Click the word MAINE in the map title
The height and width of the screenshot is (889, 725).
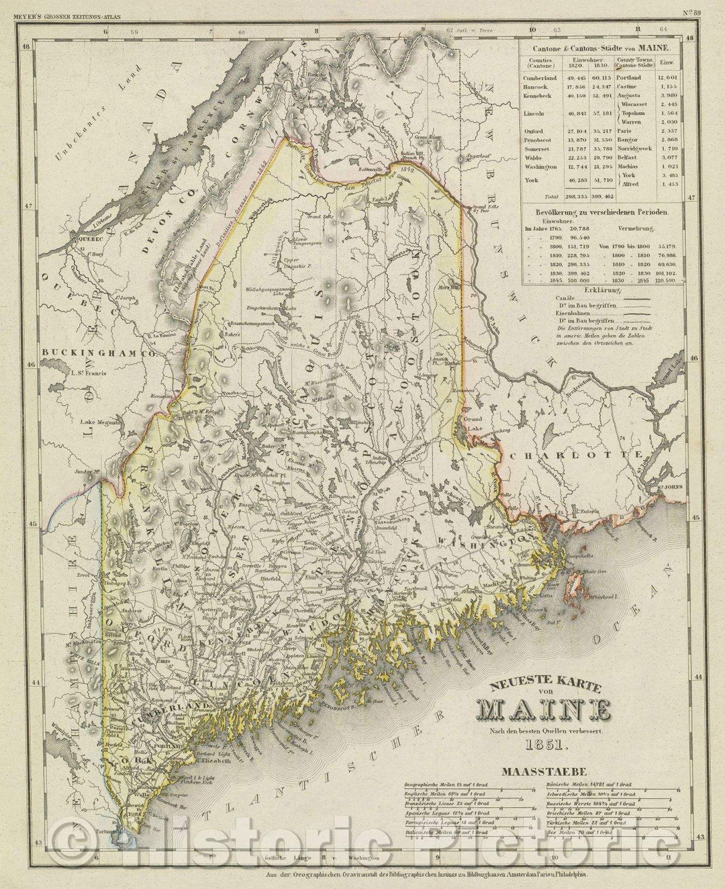543,709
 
